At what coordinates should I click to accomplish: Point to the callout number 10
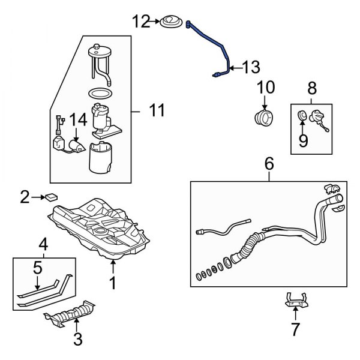tap(265, 89)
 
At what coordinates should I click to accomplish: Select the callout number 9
tap(303, 140)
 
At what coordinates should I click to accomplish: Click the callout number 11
tap(156, 110)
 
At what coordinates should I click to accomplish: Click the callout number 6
tap(268, 161)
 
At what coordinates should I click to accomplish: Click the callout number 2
tap(25, 196)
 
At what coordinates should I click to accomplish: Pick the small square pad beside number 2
tap(52, 196)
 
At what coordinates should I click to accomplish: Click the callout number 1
tap(112, 282)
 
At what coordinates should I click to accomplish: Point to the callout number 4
tap(43, 244)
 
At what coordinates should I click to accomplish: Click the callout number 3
tap(77, 339)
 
